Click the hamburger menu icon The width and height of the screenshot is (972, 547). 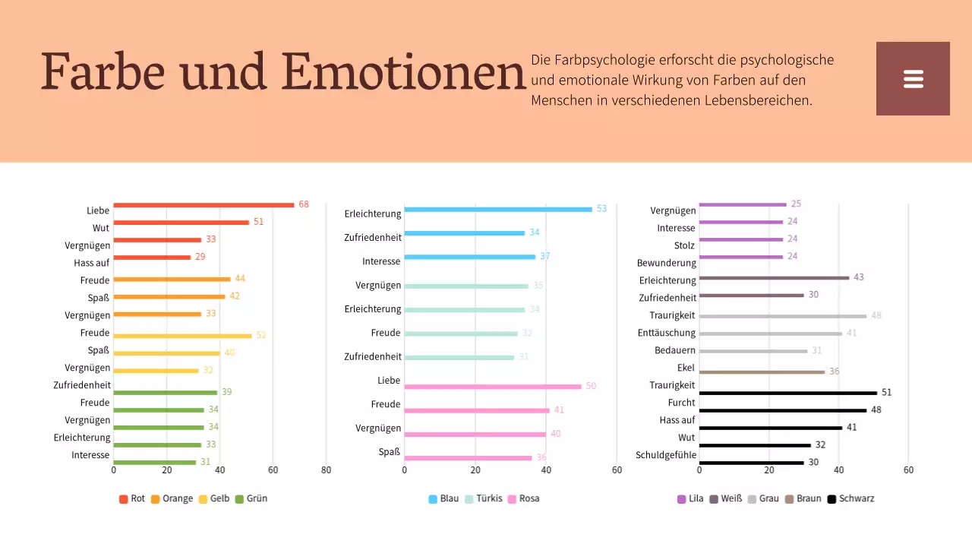coord(913,79)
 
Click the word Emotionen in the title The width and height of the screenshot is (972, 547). coord(403,73)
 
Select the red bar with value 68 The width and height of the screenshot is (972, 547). coord(204,205)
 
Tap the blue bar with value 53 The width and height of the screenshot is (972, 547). coord(497,209)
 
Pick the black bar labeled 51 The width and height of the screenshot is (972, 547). coord(787,393)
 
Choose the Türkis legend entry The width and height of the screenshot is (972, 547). coord(483,499)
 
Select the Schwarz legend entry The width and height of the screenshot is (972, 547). coord(850,499)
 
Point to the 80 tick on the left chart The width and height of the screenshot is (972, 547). coord(326,470)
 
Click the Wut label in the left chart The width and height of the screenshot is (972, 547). coord(101,228)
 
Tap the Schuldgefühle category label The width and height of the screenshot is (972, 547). coord(666,456)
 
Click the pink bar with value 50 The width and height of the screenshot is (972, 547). coord(492,387)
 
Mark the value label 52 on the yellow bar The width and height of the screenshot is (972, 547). coord(260,335)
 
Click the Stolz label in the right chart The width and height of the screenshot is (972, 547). coord(684,245)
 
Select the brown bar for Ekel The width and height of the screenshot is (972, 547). coord(762,372)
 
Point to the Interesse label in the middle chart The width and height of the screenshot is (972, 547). coord(381,261)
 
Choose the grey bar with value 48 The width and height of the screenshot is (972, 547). coord(782,316)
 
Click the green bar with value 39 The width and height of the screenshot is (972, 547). coord(165,393)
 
